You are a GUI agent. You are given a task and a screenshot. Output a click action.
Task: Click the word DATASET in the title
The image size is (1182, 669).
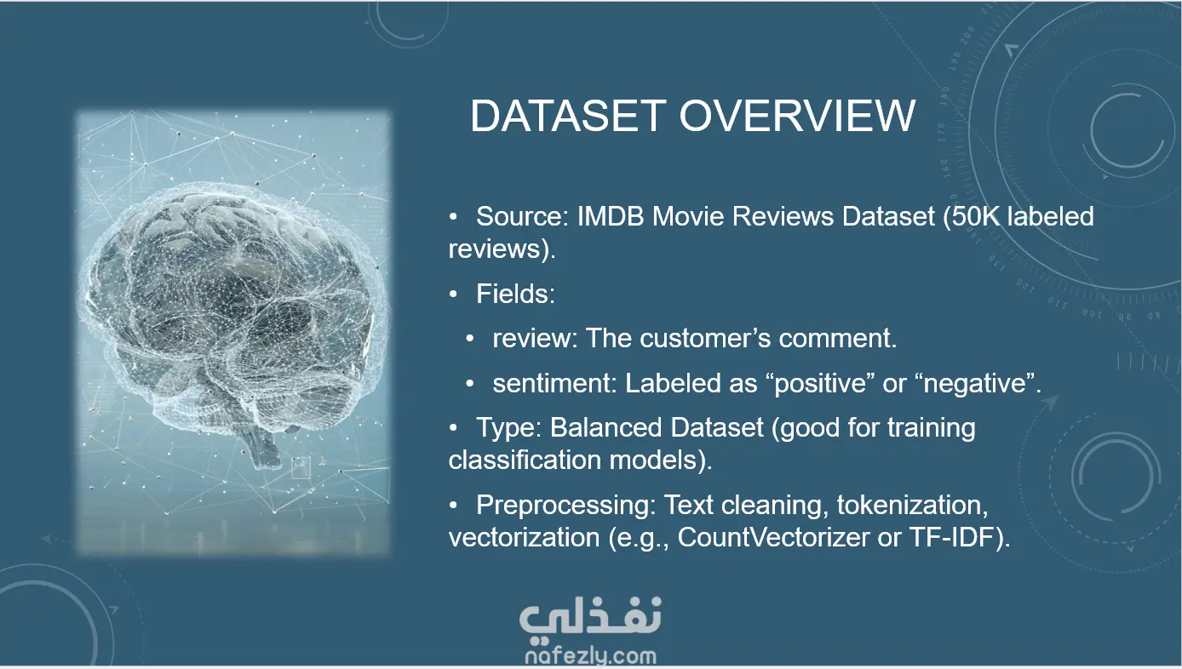(x=568, y=116)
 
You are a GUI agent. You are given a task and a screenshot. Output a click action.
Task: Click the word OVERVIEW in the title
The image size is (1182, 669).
(x=797, y=116)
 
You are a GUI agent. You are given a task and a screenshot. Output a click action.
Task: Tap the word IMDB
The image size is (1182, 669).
(x=610, y=216)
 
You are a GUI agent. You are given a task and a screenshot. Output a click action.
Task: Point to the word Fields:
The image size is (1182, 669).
(x=515, y=294)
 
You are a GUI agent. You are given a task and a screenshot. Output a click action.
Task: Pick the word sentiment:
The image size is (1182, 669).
(x=554, y=383)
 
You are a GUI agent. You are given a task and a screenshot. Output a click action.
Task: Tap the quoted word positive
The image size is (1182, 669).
(x=821, y=383)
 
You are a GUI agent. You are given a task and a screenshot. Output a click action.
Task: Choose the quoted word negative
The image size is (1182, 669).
(x=978, y=383)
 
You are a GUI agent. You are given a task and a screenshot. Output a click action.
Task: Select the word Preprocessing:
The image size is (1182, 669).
(x=565, y=505)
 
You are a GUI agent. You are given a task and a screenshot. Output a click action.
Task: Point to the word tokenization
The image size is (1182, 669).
(x=912, y=505)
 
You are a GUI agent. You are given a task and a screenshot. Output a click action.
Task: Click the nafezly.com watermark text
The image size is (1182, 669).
(x=590, y=656)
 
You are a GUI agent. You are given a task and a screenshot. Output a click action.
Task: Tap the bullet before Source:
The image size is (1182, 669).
(x=453, y=217)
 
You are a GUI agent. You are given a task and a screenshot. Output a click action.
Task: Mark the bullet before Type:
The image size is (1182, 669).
(x=453, y=428)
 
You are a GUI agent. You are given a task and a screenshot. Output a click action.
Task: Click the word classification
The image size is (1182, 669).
(x=525, y=460)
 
